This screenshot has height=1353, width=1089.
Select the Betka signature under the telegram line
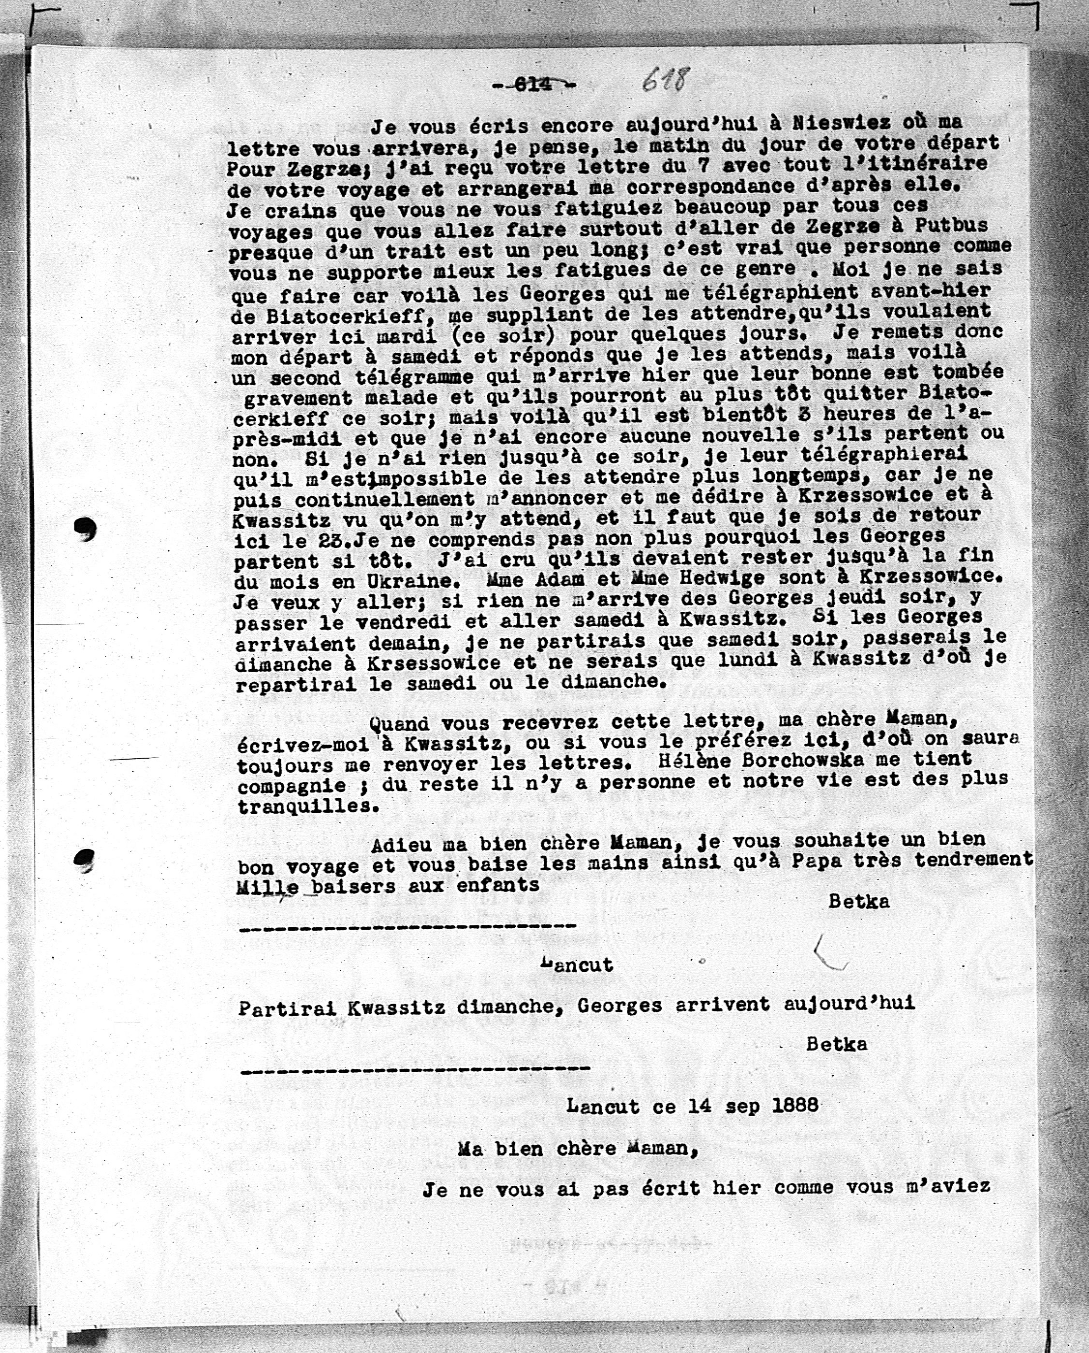(x=837, y=1044)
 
